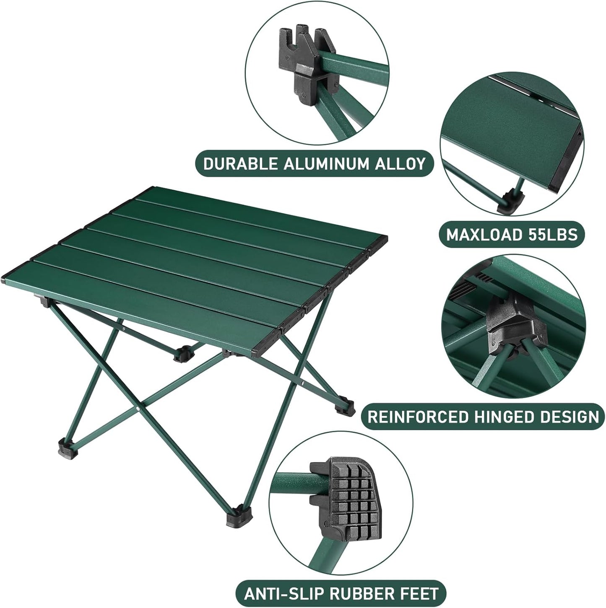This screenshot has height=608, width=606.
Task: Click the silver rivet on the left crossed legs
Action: pyautogui.click(x=139, y=407)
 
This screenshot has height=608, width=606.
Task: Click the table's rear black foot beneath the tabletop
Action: pyautogui.click(x=183, y=353)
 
